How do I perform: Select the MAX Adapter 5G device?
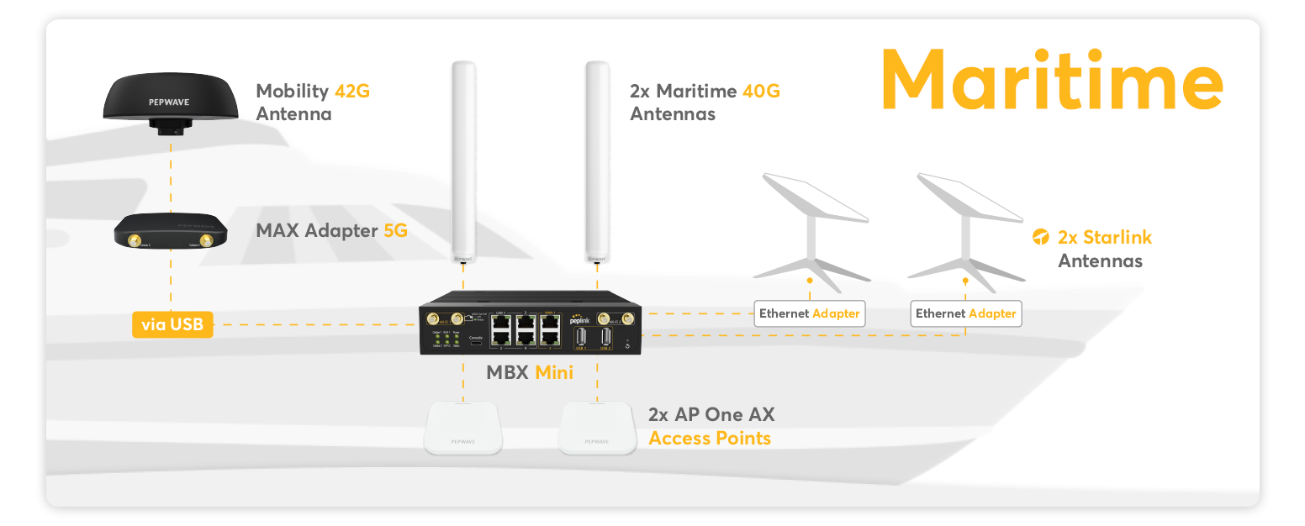pyautogui.click(x=171, y=231)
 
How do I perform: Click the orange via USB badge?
pyautogui.click(x=172, y=324)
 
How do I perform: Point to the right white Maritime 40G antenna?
pyautogui.click(x=597, y=160)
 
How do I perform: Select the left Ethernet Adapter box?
pyautogui.click(x=810, y=313)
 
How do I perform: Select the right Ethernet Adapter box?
pyautogui.click(x=966, y=313)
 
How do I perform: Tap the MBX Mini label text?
pyautogui.click(x=530, y=372)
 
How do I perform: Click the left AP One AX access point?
pyautogui.click(x=464, y=428)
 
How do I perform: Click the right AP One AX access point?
pyautogui.click(x=597, y=428)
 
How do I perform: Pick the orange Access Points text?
pyautogui.click(x=710, y=438)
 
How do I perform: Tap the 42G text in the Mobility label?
pyautogui.click(x=351, y=91)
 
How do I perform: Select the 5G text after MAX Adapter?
pyautogui.click(x=395, y=229)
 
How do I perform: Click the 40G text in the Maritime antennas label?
pyautogui.click(x=761, y=91)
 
